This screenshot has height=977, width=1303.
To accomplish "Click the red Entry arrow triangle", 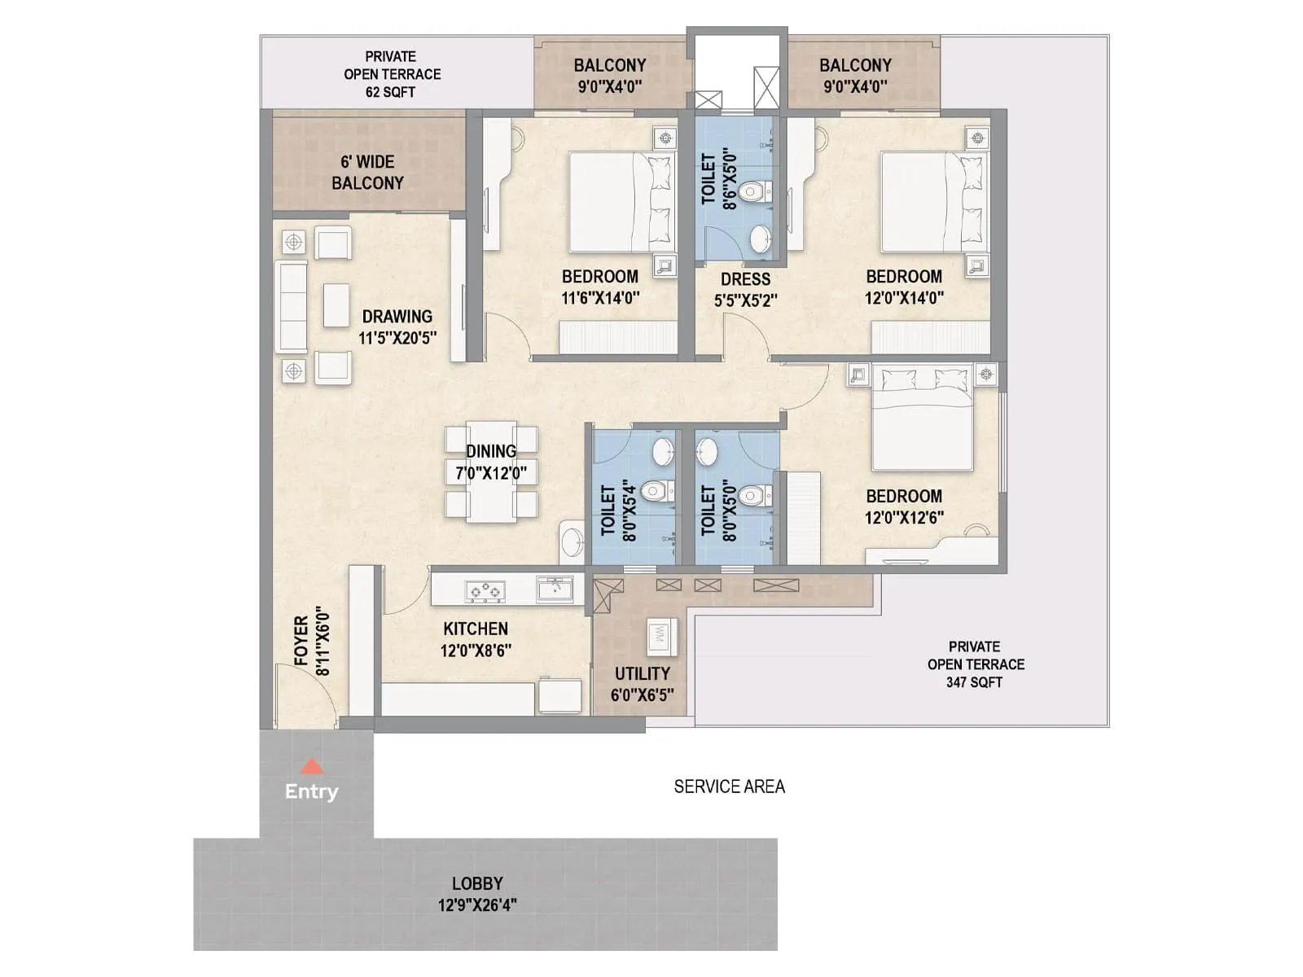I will [312, 766].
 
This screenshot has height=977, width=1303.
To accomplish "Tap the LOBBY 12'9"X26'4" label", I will [477, 894].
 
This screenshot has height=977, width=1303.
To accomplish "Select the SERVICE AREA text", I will [729, 786].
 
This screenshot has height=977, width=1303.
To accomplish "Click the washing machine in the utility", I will [658, 637].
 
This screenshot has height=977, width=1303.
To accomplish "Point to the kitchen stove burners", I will [484, 590].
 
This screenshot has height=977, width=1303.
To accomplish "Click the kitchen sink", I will [555, 588].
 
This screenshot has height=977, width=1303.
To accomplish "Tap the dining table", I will [491, 472].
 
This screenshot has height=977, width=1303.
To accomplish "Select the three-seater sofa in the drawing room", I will [291, 306].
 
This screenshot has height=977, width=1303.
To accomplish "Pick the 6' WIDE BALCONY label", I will [367, 173].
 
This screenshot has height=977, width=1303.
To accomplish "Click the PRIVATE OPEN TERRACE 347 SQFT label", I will [975, 664].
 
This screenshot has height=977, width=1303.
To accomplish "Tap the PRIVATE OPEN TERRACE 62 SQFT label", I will [392, 74].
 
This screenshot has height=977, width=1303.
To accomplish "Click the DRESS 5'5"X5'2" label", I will [745, 289].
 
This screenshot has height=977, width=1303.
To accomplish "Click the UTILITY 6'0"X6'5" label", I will [642, 684].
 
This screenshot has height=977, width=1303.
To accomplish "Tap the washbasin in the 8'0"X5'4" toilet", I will [664, 449].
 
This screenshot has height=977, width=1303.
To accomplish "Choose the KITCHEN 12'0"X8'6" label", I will [476, 639].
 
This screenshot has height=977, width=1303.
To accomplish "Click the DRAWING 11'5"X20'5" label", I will [397, 326].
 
